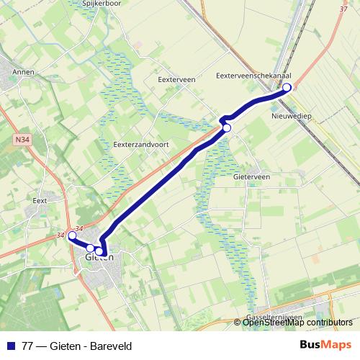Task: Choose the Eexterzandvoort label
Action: point(141,144)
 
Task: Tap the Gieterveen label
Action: point(252,176)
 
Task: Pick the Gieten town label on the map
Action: point(99,257)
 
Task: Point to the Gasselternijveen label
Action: point(274,316)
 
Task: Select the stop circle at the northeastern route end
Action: point(287,88)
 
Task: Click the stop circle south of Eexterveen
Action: point(227,127)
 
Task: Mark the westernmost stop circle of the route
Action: point(72,235)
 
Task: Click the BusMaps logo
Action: point(325,346)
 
